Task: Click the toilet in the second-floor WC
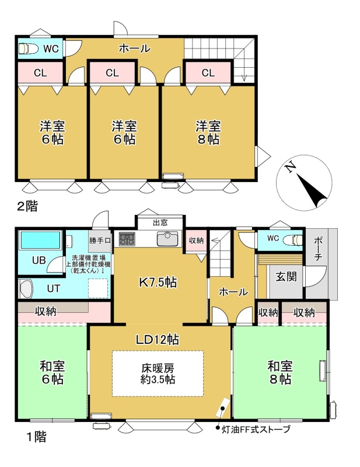[x=28, y=48]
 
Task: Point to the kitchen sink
[x=167, y=239]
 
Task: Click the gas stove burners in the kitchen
[x=127, y=239]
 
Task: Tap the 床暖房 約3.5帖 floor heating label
[x=158, y=374]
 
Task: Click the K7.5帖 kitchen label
[x=158, y=282]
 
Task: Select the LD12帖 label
[x=158, y=339]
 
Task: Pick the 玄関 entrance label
[x=286, y=276]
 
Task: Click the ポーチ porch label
[x=318, y=249]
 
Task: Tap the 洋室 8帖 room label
[x=208, y=133]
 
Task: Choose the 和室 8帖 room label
[x=280, y=372]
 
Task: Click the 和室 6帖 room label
[x=53, y=372]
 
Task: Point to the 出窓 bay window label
[x=160, y=222]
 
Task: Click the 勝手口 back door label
[x=100, y=241]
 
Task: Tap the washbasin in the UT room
[x=26, y=288]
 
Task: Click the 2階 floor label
[x=27, y=206]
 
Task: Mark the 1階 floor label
[x=36, y=437]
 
